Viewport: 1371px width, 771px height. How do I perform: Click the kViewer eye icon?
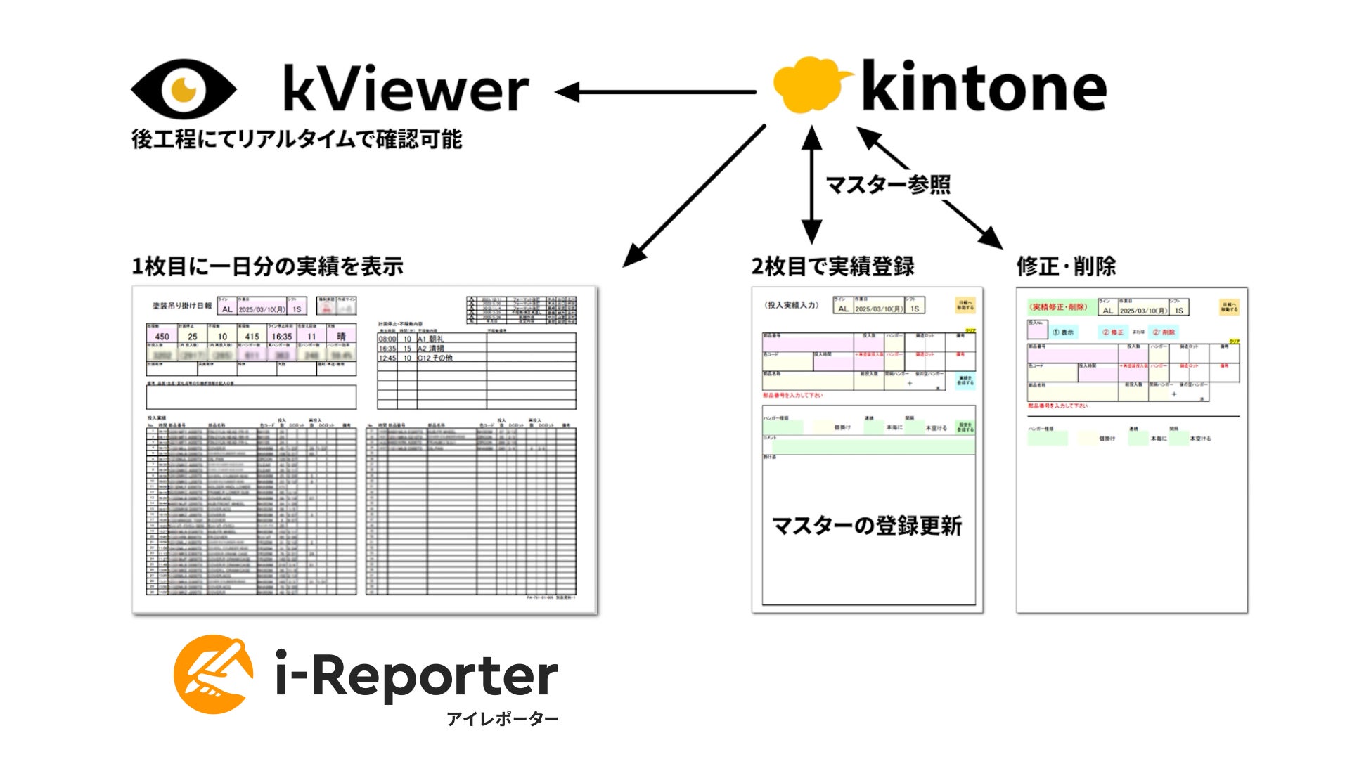coord(184,89)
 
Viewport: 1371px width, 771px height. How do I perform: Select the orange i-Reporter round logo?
coord(214,674)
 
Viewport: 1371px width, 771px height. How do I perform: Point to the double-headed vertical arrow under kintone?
coord(811,184)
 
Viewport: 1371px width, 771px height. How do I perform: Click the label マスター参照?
coord(888,185)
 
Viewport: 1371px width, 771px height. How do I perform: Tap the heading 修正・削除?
coord(1066,266)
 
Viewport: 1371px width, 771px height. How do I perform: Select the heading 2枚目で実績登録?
coord(832,266)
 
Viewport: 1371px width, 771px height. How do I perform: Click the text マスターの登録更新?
coord(867,526)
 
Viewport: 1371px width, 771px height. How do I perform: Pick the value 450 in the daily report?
coord(162,337)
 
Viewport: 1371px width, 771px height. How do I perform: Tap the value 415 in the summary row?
coord(252,337)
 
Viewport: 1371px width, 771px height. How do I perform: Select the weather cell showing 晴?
coord(342,337)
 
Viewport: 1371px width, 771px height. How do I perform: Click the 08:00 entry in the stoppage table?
coord(387,339)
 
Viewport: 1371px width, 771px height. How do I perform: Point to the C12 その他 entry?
coord(435,358)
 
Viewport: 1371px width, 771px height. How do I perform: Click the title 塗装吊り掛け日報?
coord(182,306)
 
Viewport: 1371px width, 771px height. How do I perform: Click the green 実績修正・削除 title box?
coord(1060,307)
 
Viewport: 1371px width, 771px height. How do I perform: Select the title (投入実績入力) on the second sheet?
coord(792,305)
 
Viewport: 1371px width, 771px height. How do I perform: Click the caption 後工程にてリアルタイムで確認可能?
coord(297,139)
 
